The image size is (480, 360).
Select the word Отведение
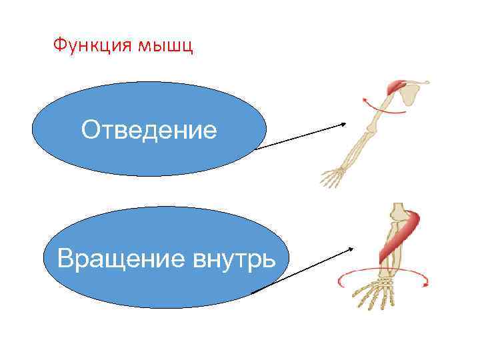coord(149,130)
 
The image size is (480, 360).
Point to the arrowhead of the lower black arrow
coord(351,249)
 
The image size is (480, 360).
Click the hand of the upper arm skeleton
coord(331,177)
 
